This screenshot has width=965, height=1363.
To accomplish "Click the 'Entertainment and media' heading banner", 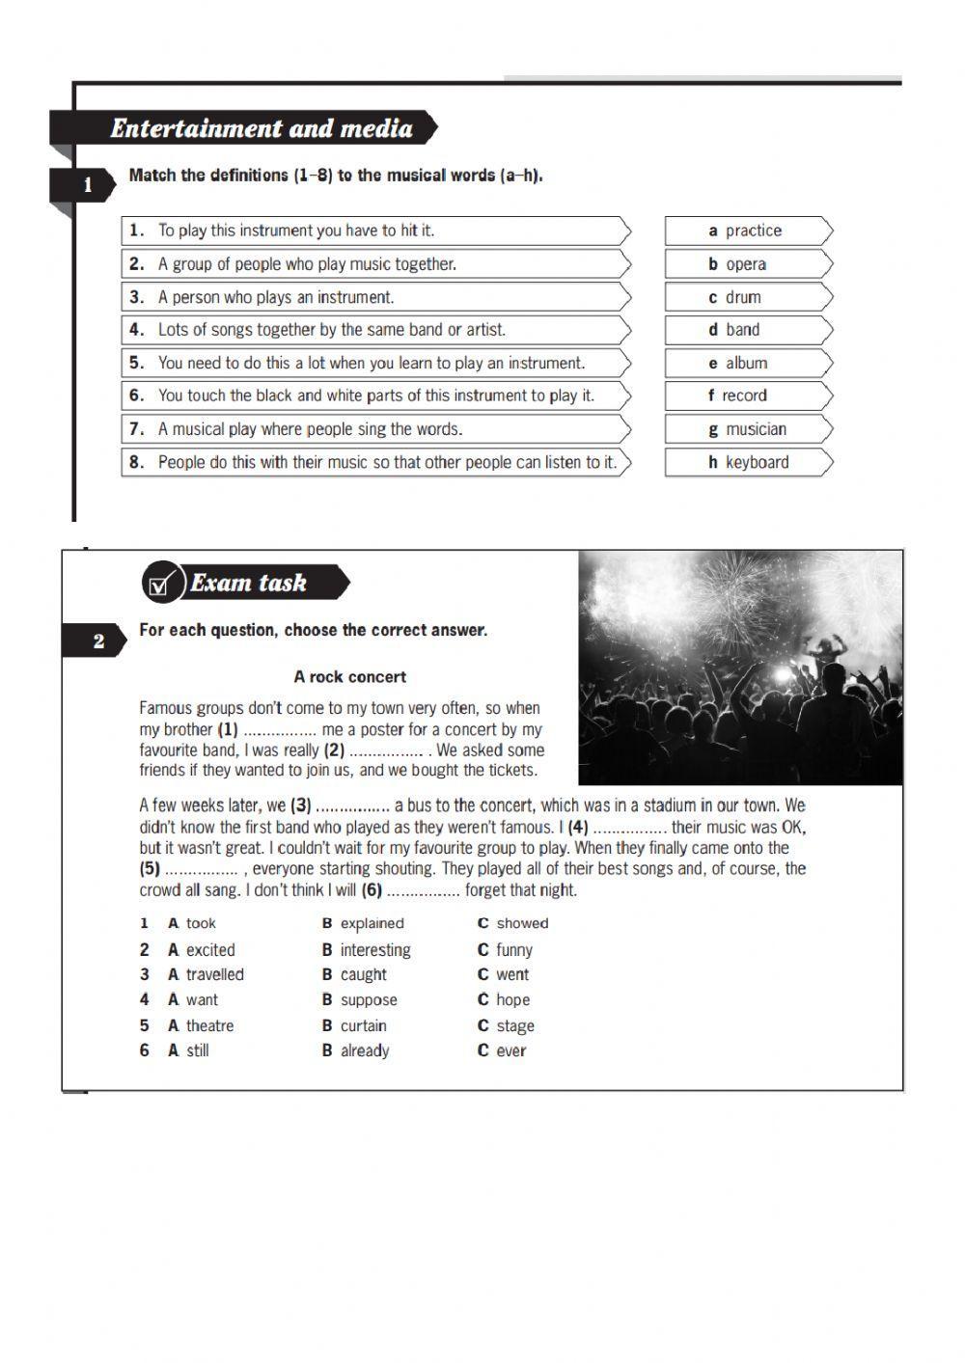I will (x=261, y=128).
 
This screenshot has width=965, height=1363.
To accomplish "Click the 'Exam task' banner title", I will (x=249, y=583).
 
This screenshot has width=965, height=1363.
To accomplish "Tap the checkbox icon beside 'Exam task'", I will (x=161, y=584).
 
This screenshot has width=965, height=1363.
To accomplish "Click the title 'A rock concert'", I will (x=350, y=677).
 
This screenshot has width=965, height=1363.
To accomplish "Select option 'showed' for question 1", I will (x=521, y=923).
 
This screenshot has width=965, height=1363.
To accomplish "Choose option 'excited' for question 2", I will (x=209, y=950).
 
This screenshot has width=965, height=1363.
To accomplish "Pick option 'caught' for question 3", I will (x=363, y=975).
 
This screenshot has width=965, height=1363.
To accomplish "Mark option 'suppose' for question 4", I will (x=368, y=1000).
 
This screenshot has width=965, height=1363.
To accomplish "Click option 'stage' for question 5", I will (x=514, y=1026).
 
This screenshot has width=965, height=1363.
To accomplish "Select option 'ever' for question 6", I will (x=510, y=1051).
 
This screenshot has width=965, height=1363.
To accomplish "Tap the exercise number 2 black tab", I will (x=97, y=641).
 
